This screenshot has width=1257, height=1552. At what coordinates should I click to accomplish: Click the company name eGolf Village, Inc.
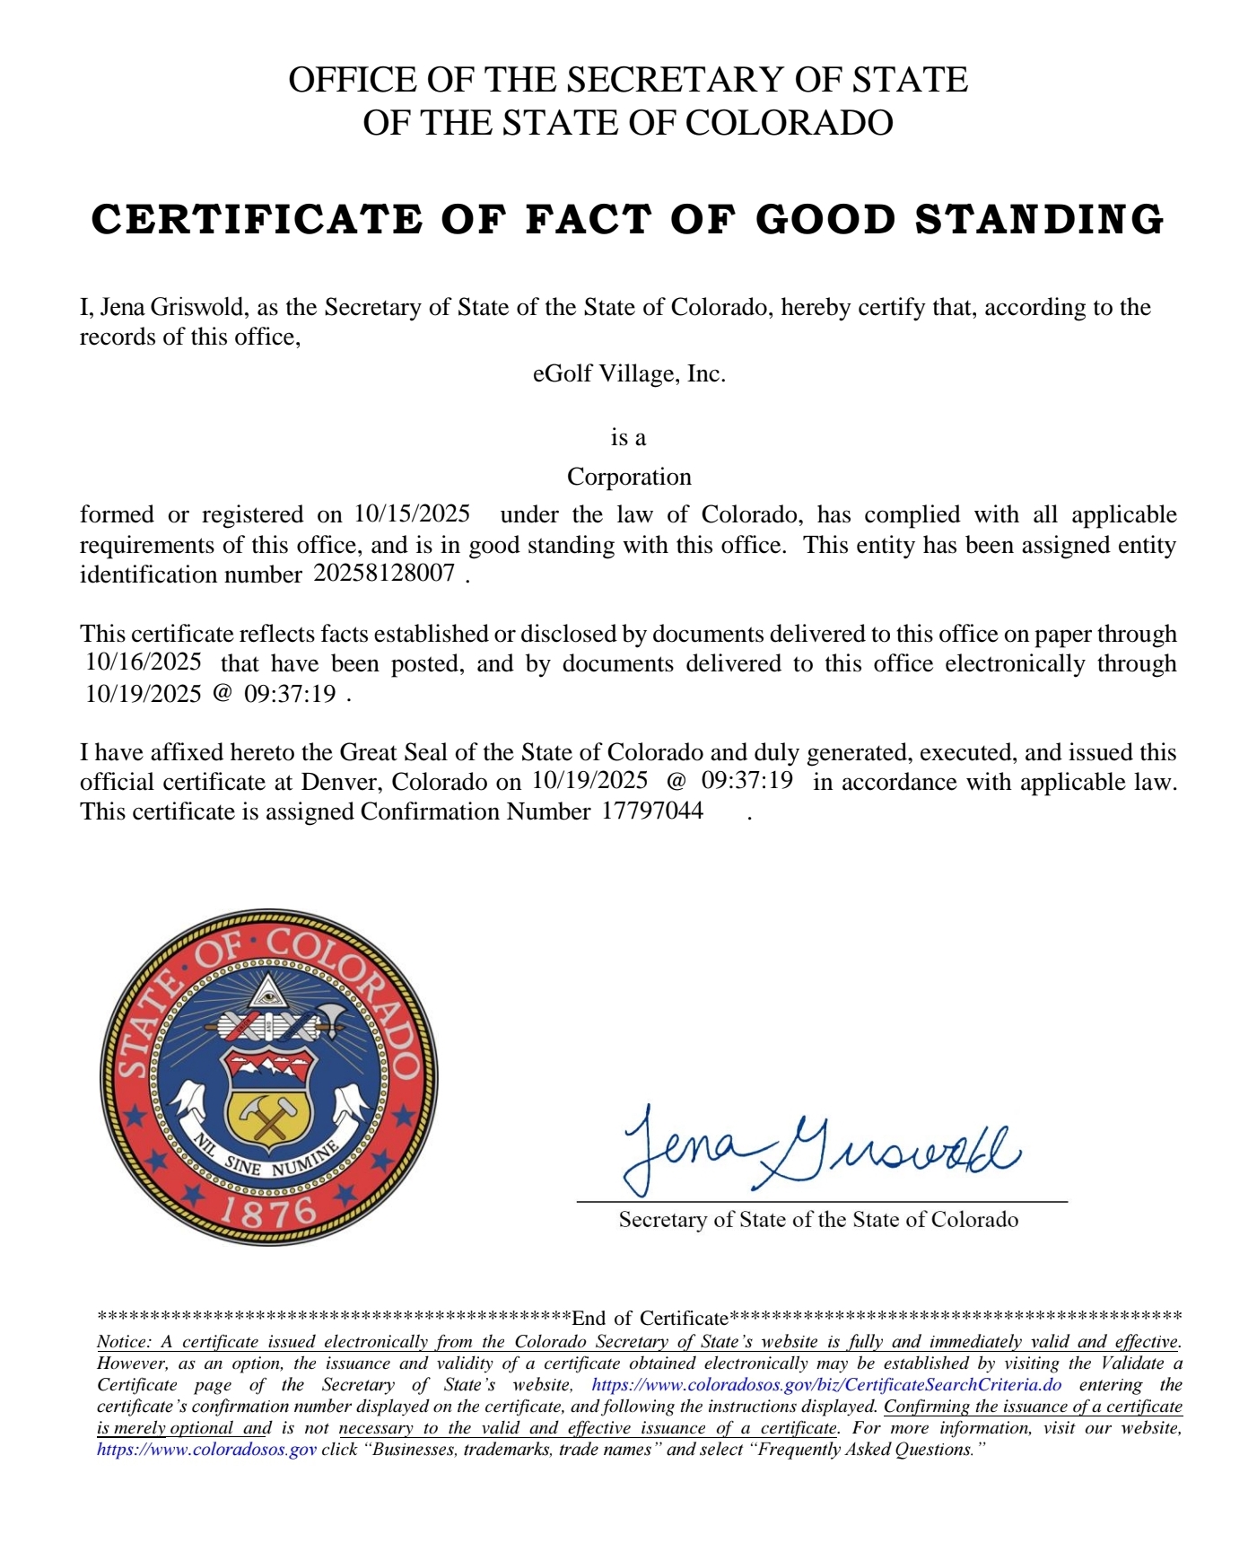628,373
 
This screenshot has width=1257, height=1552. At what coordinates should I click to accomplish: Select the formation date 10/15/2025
412,513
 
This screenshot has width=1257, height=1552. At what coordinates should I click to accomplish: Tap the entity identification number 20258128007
384,573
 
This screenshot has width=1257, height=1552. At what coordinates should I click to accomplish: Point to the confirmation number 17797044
652,811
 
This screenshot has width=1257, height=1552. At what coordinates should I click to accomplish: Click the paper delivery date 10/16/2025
144,662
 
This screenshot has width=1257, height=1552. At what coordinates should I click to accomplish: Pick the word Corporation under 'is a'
629,476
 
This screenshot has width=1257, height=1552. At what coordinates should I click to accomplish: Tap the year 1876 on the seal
269,1212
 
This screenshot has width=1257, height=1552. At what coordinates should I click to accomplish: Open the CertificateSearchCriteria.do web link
826,1384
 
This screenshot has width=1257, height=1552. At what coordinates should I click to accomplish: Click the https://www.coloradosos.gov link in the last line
206,1449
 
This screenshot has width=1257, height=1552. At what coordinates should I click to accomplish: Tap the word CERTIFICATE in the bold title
257,220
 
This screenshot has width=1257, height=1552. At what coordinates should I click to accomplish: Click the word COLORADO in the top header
790,123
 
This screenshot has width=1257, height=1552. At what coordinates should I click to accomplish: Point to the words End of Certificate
650,1318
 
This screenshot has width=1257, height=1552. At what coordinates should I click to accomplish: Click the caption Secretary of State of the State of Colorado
818,1219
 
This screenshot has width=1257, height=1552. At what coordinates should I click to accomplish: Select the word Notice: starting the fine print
124,1342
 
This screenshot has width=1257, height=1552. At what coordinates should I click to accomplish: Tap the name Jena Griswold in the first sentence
171,307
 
